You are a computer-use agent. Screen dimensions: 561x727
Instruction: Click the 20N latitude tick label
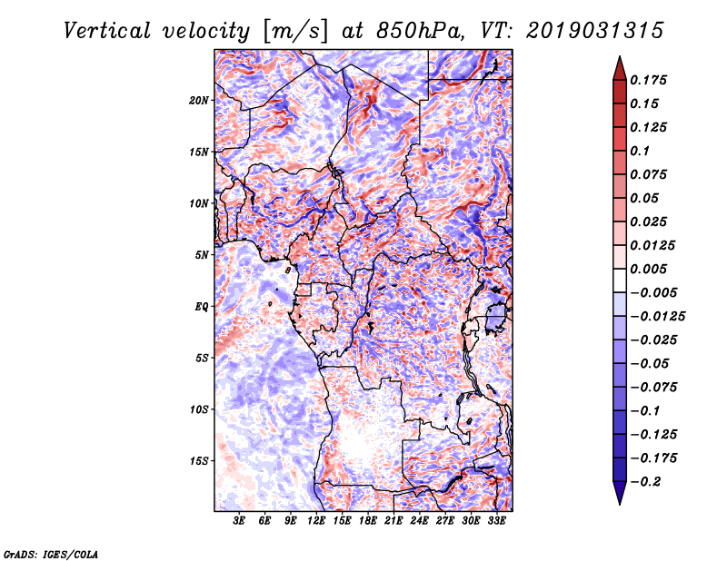199,100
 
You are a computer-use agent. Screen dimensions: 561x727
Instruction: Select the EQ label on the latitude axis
202,306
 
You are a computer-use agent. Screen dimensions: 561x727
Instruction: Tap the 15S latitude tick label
199,460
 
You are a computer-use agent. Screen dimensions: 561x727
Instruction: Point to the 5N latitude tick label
202,255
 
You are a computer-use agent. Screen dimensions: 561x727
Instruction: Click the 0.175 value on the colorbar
651,80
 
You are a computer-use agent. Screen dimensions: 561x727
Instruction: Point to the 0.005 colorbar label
651,269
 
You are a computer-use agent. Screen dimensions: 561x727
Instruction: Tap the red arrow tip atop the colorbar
618,62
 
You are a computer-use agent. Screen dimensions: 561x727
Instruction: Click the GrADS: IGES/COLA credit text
50,553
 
